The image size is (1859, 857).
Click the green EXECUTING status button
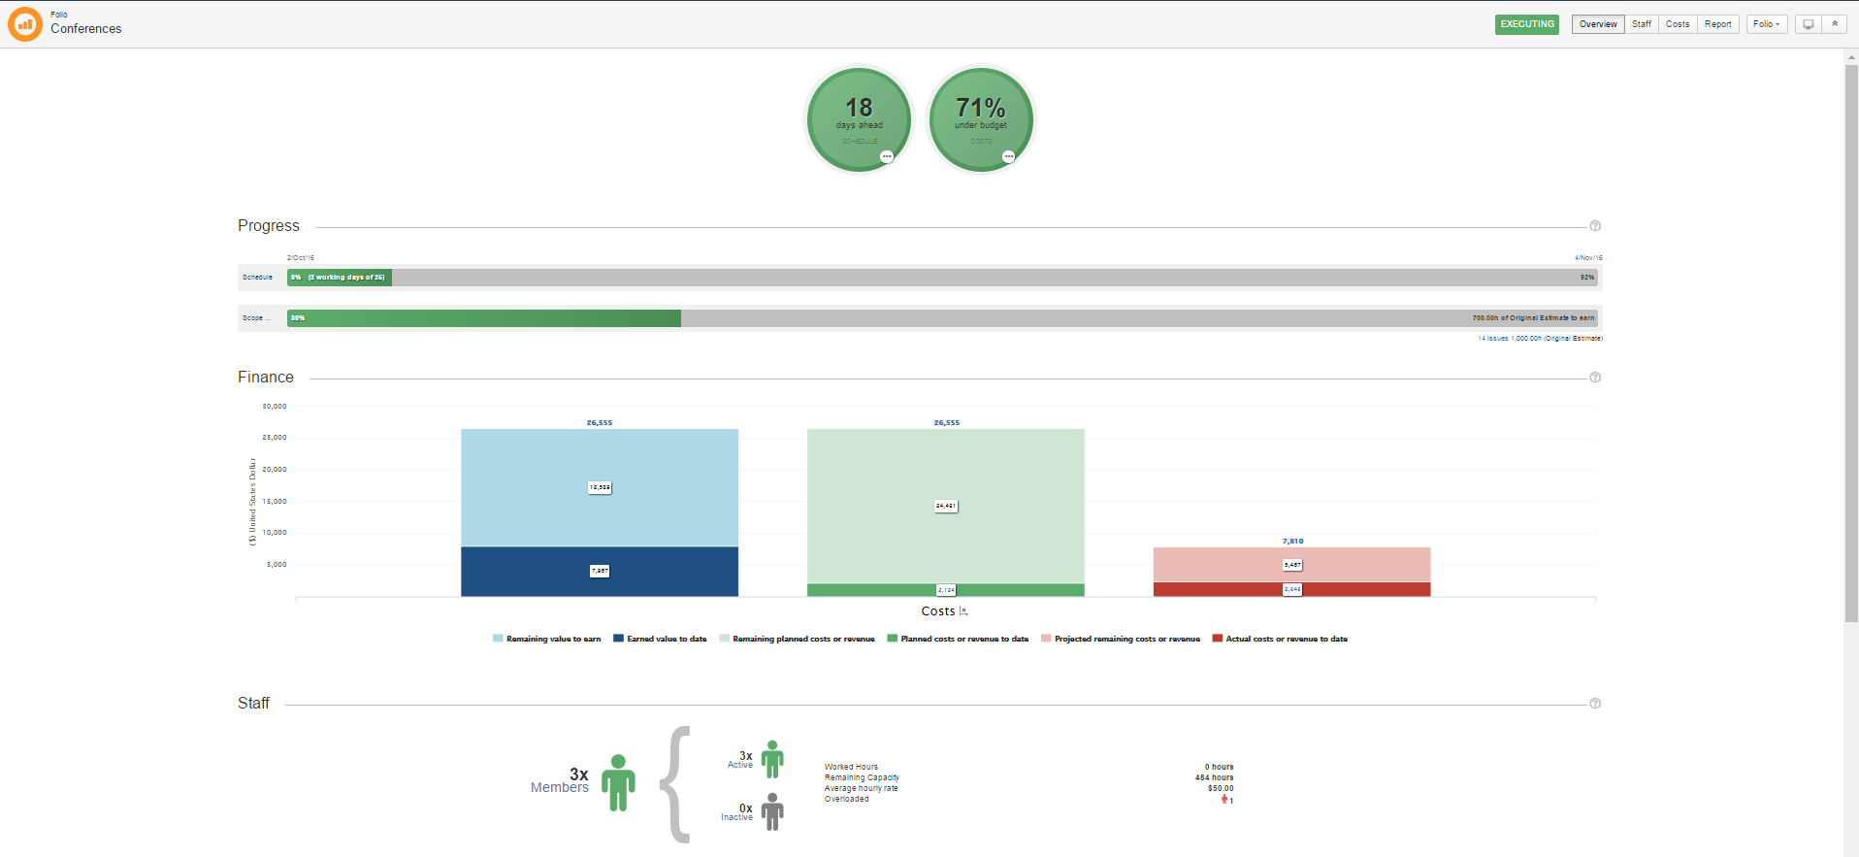[1526, 24]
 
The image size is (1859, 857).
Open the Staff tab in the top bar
[1641, 24]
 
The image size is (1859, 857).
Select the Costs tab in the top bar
[1677, 24]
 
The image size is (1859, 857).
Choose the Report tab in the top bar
[1717, 24]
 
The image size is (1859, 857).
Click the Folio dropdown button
[1766, 24]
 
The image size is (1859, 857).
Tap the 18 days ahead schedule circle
[859, 118]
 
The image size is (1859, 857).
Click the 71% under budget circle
[981, 118]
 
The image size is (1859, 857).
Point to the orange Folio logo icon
[24, 24]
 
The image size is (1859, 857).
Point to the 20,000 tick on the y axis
[275, 470]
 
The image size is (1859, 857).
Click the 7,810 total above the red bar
[1292, 542]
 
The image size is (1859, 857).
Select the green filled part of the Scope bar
[484, 318]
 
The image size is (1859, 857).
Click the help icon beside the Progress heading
[1595, 226]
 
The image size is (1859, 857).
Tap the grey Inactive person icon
[772, 811]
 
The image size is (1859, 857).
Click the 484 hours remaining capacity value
[1214, 777]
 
